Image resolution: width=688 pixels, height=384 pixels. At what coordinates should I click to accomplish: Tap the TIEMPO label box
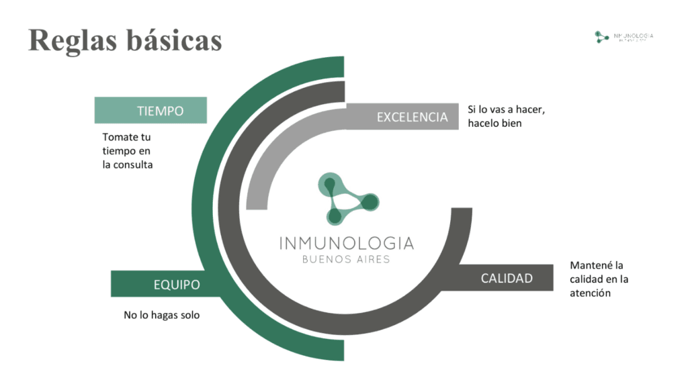pos(150,111)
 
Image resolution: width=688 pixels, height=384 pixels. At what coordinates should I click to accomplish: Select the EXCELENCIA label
pos(412,117)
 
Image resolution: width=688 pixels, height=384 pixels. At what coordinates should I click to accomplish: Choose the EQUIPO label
pos(177,285)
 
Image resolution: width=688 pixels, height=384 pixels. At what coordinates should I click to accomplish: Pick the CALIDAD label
pos(507,278)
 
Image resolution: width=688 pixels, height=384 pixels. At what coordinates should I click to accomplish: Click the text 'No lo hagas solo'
pos(162,314)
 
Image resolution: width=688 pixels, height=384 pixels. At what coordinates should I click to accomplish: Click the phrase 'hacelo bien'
pos(495,123)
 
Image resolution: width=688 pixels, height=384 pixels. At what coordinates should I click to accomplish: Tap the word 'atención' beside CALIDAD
pos(591,293)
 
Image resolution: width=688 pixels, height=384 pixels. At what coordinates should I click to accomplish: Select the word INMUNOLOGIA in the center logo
pos(346,242)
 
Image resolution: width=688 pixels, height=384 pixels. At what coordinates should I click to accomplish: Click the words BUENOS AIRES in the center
pos(346,260)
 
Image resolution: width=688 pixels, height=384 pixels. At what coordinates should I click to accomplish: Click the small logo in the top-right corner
pos(623,37)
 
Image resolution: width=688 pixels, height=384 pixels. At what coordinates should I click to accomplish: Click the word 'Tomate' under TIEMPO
pos(118,137)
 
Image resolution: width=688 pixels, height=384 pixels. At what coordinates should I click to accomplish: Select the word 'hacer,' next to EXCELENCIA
pos(529,109)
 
